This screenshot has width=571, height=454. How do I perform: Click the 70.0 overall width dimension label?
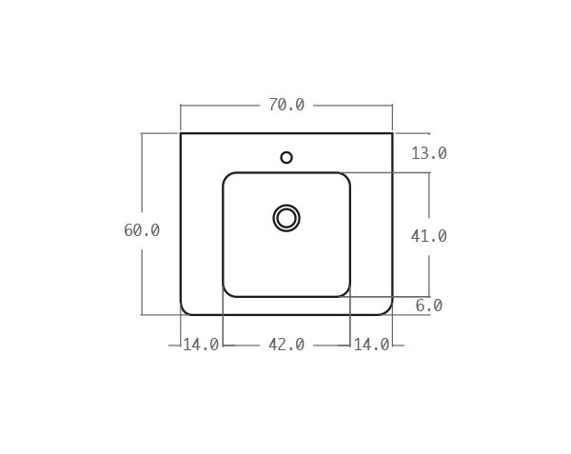click(286, 105)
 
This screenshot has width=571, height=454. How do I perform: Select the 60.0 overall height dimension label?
click(142, 230)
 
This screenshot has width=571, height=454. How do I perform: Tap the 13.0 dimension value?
click(429, 153)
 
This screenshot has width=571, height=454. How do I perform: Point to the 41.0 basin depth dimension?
click(429, 236)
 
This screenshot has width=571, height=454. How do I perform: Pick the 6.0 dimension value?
click(429, 306)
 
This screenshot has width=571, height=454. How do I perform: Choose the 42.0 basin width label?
click(286, 345)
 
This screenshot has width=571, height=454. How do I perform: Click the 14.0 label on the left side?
click(201, 345)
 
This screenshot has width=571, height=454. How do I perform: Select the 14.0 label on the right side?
click(371, 345)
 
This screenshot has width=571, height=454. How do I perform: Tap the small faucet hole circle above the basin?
click(286, 157)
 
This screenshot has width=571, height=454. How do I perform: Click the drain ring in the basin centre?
click(286, 218)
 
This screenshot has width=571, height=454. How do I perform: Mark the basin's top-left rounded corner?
click(227, 177)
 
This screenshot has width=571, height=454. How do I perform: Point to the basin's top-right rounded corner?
click(345, 177)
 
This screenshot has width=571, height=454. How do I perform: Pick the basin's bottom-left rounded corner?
click(227, 292)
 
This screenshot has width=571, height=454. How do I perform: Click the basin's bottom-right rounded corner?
click(345, 292)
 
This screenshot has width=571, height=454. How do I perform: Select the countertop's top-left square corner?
click(181, 133)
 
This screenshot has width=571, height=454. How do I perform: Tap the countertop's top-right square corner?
click(392, 133)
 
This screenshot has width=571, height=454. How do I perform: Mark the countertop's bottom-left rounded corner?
click(184, 311)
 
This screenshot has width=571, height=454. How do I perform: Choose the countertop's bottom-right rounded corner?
click(389, 311)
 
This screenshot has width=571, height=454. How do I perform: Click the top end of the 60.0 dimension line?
click(142, 133)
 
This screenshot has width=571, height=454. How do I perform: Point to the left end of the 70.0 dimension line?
click(181, 105)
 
